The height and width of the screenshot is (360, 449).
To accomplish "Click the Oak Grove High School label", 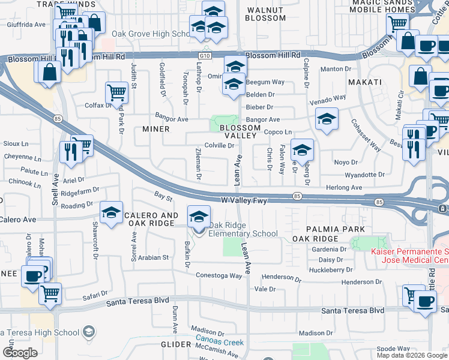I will pyautogui.click(x=151, y=34).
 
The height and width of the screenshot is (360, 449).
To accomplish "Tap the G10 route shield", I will pyautogui.click(x=206, y=55).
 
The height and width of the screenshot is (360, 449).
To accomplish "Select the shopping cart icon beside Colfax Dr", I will pyautogui.click(x=116, y=93).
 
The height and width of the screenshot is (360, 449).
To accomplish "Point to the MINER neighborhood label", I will pyautogui.click(x=155, y=129).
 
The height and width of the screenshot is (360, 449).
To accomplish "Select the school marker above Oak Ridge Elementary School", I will pyautogui.click(x=199, y=217).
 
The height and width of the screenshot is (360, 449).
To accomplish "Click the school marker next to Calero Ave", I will pyautogui.click(x=112, y=213).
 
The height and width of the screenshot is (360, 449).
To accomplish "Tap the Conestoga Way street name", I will pyautogui.click(x=218, y=275).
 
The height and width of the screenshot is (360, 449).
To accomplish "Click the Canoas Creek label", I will pyautogui.click(x=220, y=343).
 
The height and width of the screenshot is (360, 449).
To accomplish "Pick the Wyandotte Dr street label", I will pyautogui.click(x=364, y=175).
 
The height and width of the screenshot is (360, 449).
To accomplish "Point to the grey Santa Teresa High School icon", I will pyautogui.click(x=88, y=332).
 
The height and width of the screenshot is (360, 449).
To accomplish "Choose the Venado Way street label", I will pyautogui.click(x=328, y=97).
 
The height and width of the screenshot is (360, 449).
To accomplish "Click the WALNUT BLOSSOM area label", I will pyautogui.click(x=266, y=14).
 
